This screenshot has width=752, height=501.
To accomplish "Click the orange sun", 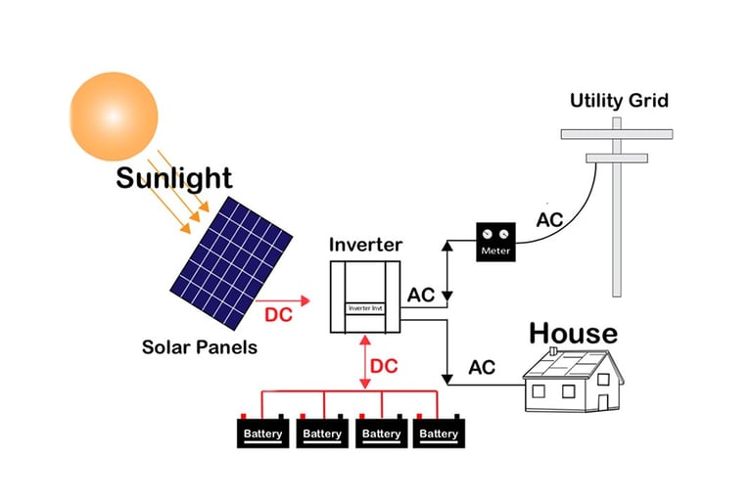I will pyautogui.click(x=114, y=115).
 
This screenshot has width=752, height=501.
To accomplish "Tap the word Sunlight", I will pyautogui.click(x=173, y=178).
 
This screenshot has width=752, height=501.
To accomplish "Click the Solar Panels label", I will pyautogui.click(x=200, y=346).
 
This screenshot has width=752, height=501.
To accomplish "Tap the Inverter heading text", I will pyautogui.click(x=366, y=244).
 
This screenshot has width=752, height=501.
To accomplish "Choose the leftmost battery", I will pyautogui.click(x=262, y=433).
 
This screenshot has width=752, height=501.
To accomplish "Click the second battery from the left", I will pyautogui.click(x=321, y=433).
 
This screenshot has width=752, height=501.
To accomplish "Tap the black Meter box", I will pyautogui.click(x=495, y=242).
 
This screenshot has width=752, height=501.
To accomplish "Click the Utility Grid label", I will pyautogui.click(x=620, y=101).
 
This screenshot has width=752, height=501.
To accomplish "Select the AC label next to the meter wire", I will pyautogui.click(x=549, y=219).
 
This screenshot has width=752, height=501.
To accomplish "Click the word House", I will pyautogui.click(x=573, y=333).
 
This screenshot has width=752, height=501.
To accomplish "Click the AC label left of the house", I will pyautogui.click(x=482, y=368).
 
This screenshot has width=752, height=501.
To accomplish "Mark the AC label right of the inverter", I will pyautogui.click(x=421, y=295).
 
